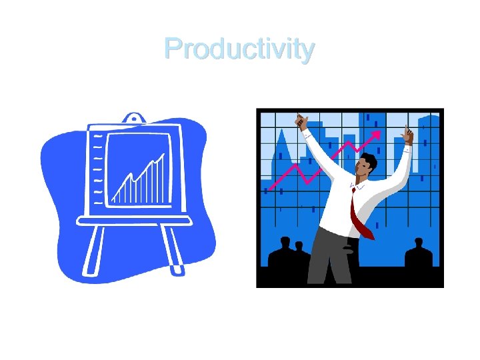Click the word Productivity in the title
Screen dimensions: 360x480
[239, 49]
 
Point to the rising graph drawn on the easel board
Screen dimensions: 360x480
[139, 180]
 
